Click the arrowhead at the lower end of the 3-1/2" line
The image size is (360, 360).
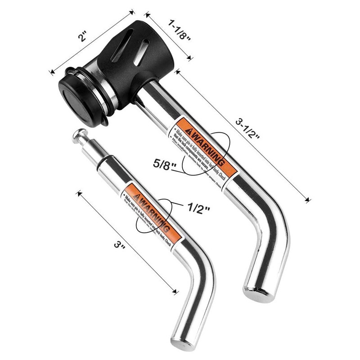[x=308, y=199]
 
